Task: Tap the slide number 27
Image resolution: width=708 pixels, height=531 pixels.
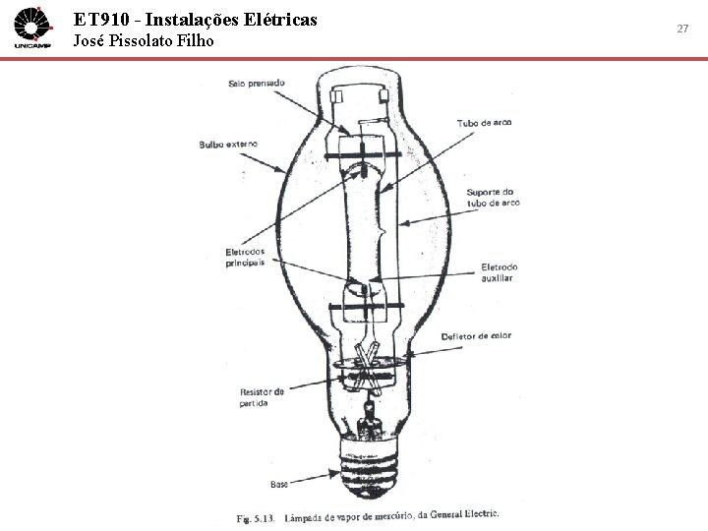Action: tap(682, 29)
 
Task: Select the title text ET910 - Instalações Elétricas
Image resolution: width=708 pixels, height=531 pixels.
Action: tap(196, 19)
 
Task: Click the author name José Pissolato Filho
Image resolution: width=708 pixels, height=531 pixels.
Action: tap(144, 41)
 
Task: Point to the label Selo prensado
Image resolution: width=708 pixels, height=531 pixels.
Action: tap(256, 84)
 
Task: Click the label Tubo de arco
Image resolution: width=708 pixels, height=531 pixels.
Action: tap(483, 123)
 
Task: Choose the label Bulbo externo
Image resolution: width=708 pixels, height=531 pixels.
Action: tap(228, 145)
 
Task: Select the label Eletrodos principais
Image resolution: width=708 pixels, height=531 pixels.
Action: tap(244, 257)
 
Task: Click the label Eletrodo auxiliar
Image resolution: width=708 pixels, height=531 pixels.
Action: tap(499, 272)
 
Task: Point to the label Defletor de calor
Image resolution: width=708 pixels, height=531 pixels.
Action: tap(476, 336)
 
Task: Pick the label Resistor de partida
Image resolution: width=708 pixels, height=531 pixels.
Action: tap(262, 396)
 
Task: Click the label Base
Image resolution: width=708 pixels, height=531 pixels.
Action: tap(278, 484)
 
